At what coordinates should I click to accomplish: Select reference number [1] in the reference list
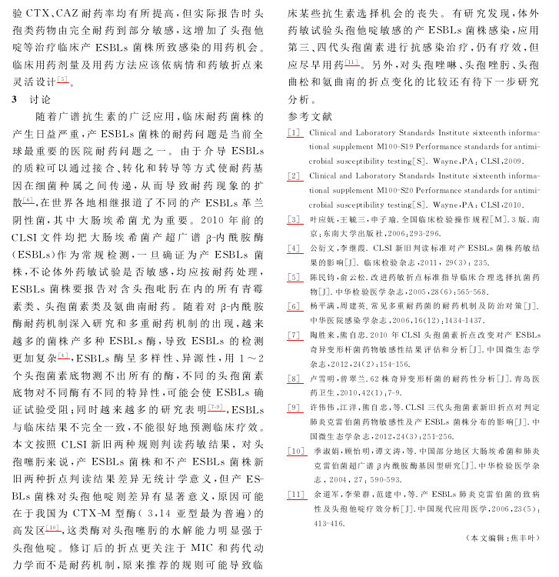(294, 133)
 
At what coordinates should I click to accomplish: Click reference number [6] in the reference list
(294, 306)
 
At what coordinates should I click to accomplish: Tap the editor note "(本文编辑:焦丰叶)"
(504, 559)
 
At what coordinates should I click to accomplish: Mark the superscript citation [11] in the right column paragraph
(352, 62)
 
